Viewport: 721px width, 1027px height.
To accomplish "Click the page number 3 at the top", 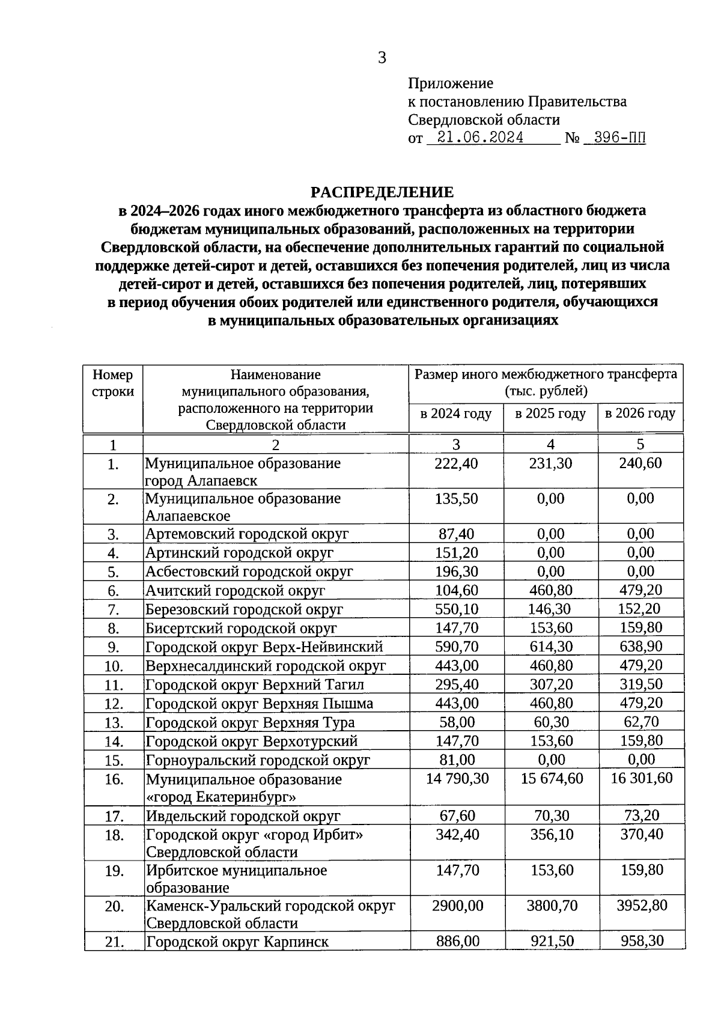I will tap(382, 58).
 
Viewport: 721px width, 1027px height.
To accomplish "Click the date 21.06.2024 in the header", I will tap(480, 138).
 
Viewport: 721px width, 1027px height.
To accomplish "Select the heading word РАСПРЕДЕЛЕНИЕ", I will tap(382, 192).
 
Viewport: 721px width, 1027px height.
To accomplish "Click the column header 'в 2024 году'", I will tap(456, 413).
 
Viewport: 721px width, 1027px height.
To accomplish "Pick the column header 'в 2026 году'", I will tap(640, 413).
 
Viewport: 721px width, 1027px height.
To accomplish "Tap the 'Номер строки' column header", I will tap(113, 383).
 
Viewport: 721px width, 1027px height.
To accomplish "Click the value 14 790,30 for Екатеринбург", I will tap(457, 778).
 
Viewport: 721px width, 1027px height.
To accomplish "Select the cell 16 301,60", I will tap(641, 778).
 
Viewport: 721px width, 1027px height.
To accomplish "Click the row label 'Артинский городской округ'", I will tap(240, 552).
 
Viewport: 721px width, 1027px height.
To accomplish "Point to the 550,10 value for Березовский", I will tap(457, 609).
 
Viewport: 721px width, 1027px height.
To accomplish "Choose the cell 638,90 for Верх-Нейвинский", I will tap(640, 647).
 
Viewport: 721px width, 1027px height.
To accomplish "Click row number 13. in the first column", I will tap(114, 722).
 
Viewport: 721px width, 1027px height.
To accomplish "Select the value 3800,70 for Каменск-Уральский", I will tap(552, 905).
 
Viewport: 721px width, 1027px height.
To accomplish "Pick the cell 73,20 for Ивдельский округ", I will tap(640, 815).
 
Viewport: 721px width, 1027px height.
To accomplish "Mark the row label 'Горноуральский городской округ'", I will tap(258, 760).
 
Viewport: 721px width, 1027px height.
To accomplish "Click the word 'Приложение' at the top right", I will tap(451, 83).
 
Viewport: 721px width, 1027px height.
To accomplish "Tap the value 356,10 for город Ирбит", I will tap(552, 835).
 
